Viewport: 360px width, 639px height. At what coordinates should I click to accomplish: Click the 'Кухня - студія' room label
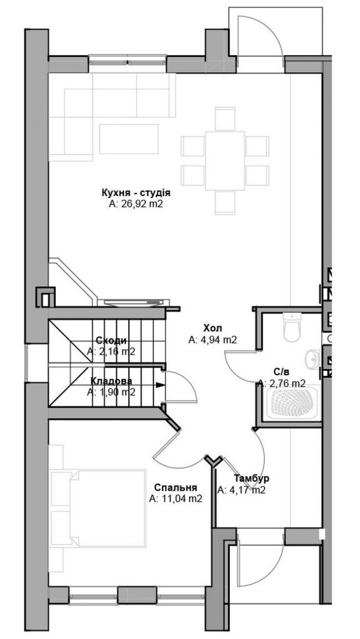click(136, 193)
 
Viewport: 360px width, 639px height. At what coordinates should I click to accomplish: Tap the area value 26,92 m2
click(136, 204)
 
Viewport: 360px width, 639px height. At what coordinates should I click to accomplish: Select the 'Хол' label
click(213, 328)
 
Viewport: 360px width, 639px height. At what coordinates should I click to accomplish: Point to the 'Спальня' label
click(175, 488)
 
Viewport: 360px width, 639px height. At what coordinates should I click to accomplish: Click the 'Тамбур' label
click(252, 479)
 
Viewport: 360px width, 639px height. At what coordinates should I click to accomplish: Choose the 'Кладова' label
click(111, 381)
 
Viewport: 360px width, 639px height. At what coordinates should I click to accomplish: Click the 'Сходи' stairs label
click(111, 341)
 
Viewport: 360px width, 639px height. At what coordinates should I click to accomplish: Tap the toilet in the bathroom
click(292, 327)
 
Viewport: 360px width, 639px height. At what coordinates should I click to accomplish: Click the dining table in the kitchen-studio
click(225, 160)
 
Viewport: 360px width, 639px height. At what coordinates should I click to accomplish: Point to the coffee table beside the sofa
click(129, 139)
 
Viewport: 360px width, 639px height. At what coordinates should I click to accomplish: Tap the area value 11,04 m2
click(175, 499)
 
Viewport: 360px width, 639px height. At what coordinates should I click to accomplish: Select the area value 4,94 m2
click(213, 340)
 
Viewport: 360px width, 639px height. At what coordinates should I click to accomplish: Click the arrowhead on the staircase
click(159, 385)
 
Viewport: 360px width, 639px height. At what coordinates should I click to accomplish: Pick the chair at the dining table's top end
click(225, 119)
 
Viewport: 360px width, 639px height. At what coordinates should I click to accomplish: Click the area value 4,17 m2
click(241, 490)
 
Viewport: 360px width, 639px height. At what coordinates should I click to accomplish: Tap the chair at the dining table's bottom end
click(225, 203)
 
